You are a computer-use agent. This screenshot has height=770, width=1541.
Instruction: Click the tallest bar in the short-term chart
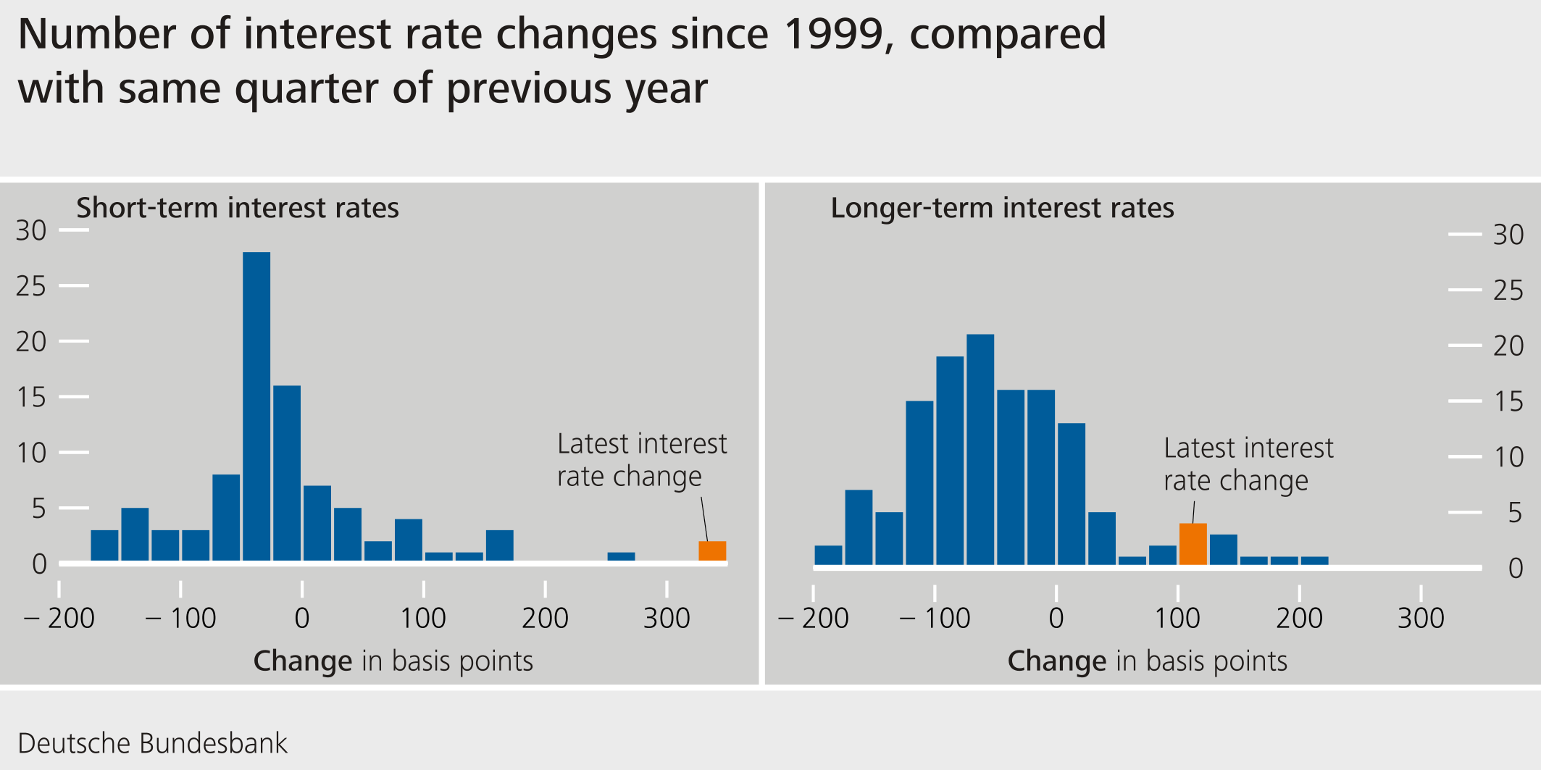(x=256, y=406)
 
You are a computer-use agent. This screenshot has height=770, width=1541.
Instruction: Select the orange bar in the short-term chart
(x=712, y=551)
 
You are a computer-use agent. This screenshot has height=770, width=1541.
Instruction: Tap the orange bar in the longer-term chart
(x=1193, y=544)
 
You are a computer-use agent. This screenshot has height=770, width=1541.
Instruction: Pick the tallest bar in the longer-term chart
(x=980, y=449)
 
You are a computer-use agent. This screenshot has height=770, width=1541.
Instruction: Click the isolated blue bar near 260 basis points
(x=621, y=557)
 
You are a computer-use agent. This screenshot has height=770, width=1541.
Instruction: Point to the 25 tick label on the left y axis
(x=30, y=287)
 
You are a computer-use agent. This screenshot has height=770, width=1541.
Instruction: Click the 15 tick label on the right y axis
(x=1508, y=402)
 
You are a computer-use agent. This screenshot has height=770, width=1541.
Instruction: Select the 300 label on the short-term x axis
(x=667, y=619)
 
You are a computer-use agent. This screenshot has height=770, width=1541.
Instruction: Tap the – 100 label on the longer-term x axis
(x=935, y=619)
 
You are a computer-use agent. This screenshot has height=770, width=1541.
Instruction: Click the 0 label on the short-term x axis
(x=302, y=619)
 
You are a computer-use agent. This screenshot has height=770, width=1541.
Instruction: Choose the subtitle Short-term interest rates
(x=238, y=208)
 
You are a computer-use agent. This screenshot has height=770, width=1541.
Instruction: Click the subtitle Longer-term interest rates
(x=1002, y=208)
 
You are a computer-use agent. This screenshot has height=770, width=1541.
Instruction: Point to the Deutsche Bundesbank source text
(x=152, y=744)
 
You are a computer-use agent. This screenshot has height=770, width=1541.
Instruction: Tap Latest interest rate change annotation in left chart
(x=641, y=460)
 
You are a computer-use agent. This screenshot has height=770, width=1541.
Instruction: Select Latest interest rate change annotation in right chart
(x=1248, y=464)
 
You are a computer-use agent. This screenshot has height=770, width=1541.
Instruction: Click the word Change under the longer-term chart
(x=1057, y=661)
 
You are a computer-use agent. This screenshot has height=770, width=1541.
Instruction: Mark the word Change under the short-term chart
(x=303, y=661)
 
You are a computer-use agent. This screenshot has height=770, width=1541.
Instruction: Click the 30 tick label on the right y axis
(x=1508, y=235)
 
